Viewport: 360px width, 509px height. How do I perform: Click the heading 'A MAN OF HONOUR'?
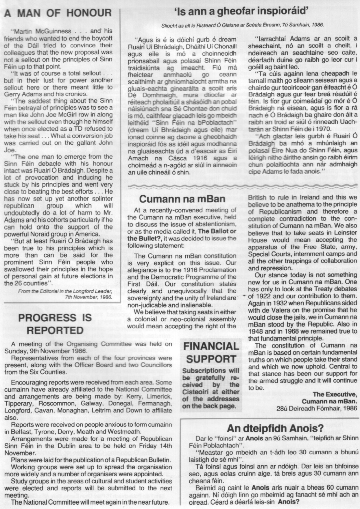click(x=58, y=13)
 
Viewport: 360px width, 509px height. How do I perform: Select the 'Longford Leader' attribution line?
click(x=65, y=291)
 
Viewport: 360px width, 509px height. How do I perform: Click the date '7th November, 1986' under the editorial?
click(x=88, y=297)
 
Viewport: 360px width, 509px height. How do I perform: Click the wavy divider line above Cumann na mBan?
click(x=243, y=186)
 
